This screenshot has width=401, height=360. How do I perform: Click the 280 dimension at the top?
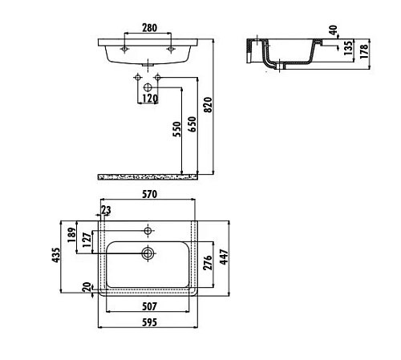point(148,28)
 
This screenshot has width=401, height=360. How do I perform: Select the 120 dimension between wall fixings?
point(148,99)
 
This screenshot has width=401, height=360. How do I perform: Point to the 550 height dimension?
point(176,131)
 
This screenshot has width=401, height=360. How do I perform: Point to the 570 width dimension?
point(149,194)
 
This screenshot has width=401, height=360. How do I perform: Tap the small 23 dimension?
point(106,210)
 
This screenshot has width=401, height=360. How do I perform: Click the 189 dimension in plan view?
point(72,234)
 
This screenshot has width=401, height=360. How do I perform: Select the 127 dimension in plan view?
point(87,245)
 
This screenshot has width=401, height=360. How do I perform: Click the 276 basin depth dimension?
point(206,265)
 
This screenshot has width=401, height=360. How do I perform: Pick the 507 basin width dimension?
point(149,305)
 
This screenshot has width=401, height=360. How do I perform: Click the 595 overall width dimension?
point(149,322)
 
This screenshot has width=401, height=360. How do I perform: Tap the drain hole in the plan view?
point(148,254)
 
